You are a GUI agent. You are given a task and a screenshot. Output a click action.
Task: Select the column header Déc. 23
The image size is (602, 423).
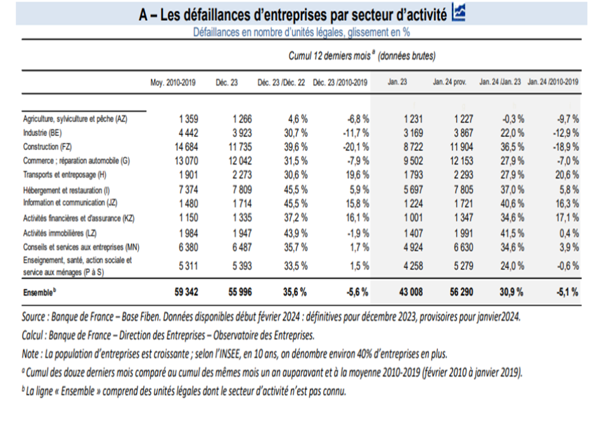coord(226,82)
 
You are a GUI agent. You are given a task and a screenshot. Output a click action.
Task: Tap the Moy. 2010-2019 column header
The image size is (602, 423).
coord(173,82)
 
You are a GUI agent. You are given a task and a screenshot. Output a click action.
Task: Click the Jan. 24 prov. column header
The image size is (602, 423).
coord(451,82)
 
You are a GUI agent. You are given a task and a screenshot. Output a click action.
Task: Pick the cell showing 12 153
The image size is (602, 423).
coord(456,160)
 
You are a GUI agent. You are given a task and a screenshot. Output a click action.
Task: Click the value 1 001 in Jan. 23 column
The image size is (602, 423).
coord(411,218)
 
